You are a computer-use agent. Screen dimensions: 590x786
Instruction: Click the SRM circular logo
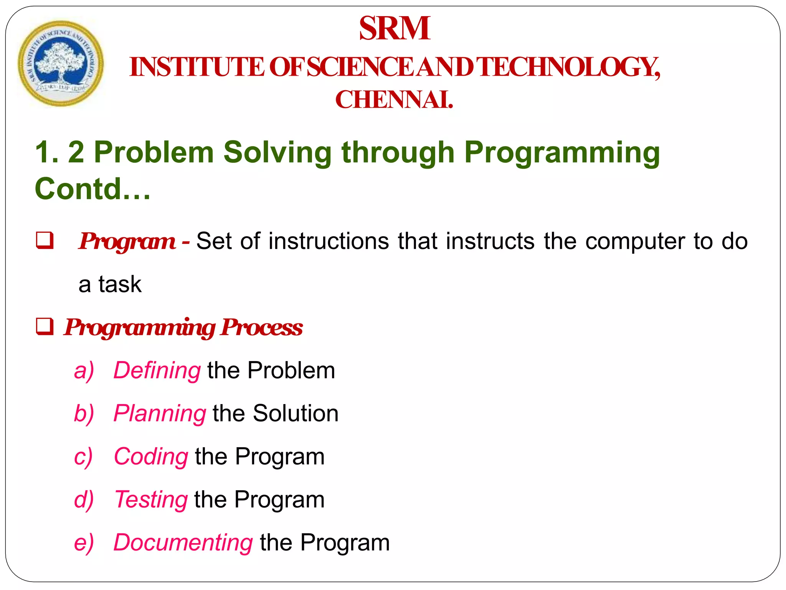coord(61,64)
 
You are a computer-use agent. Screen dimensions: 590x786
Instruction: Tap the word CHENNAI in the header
coord(394,100)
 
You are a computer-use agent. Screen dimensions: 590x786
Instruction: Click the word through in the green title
coord(398,153)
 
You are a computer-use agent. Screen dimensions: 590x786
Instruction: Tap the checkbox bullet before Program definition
coord(45,241)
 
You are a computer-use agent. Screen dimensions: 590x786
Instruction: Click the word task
coord(120,284)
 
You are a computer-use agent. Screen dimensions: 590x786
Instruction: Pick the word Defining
coord(157,371)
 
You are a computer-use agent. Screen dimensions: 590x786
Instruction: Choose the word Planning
coord(160,414)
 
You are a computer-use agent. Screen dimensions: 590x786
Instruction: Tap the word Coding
coord(151,457)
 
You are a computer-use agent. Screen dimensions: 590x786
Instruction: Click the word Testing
coord(151,500)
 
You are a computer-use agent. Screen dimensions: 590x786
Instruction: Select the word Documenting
coord(183,542)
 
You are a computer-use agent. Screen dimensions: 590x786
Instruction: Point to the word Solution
coord(296,413)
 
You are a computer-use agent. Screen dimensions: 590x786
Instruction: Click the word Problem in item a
coord(291,370)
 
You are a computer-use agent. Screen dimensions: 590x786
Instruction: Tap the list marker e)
coord(84,543)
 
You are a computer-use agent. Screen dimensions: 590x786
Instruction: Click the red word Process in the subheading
coord(262,327)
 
